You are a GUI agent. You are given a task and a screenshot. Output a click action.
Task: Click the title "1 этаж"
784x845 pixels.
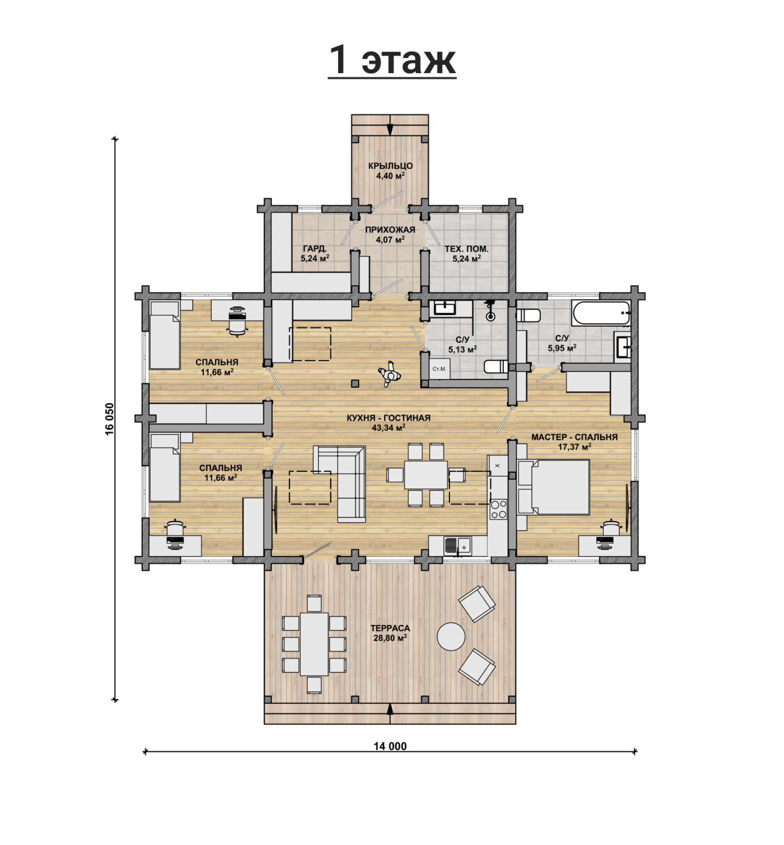click(x=392, y=60)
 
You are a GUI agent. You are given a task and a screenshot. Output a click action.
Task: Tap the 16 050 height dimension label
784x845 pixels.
click(x=109, y=419)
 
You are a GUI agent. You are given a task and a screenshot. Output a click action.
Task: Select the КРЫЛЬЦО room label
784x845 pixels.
click(x=391, y=166)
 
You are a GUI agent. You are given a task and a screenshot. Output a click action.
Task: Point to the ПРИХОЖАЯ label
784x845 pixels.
click(x=390, y=230)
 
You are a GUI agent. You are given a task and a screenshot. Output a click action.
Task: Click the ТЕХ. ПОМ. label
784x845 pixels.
click(x=467, y=249)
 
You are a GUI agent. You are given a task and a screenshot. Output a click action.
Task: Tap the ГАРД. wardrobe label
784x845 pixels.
click(x=315, y=249)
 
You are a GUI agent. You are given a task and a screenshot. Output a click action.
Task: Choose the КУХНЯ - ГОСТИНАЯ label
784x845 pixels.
click(x=389, y=418)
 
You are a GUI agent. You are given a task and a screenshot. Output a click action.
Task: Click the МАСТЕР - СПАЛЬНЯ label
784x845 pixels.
click(x=575, y=437)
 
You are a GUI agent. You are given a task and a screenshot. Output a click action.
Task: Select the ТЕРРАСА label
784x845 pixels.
click(x=390, y=628)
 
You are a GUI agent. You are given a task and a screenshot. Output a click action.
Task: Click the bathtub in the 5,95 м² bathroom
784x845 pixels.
click(x=601, y=313)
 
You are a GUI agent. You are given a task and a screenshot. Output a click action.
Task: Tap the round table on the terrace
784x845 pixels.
click(x=451, y=637)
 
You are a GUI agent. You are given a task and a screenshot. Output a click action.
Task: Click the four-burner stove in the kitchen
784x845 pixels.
click(x=498, y=509)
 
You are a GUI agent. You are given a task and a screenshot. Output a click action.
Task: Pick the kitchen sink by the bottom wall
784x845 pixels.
click(x=457, y=546)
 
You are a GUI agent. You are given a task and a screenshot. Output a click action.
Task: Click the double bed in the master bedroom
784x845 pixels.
click(x=553, y=487)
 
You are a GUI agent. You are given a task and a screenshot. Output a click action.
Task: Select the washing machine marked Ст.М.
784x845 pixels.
click(x=440, y=369)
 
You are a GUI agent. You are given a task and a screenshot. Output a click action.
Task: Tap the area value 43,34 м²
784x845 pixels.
click(x=389, y=427)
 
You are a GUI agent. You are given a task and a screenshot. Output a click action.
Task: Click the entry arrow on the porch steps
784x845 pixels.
click(x=390, y=125)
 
